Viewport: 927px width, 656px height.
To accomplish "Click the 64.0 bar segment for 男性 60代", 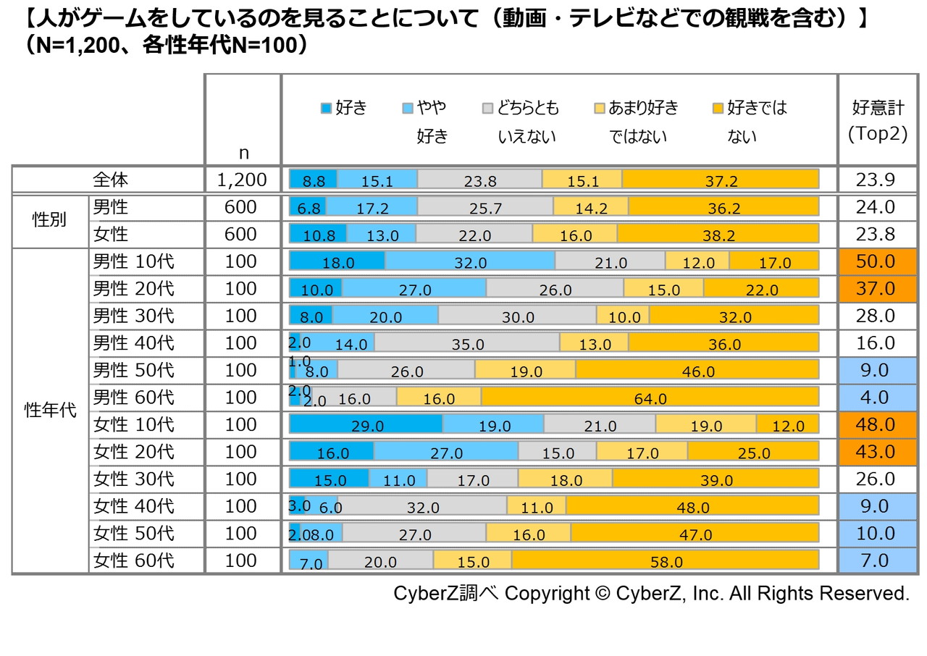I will (x=650, y=397).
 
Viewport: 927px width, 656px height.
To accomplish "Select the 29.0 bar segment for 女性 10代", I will (x=366, y=424).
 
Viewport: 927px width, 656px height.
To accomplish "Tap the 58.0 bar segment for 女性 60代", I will (x=665, y=560).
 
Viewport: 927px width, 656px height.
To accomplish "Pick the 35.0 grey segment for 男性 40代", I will (x=467, y=342).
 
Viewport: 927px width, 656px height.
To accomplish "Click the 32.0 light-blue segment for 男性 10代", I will (x=470, y=261).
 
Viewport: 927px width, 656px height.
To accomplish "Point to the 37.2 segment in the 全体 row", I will (x=720, y=180).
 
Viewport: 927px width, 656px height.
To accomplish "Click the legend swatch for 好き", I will (x=326, y=109).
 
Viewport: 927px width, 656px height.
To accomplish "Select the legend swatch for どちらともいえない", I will (x=488, y=109).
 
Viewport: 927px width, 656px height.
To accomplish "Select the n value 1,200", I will (x=242, y=180).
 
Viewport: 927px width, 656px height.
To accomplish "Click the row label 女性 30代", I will (x=134, y=479).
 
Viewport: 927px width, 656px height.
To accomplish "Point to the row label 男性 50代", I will (x=134, y=370).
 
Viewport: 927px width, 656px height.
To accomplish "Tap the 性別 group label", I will (x=49, y=220).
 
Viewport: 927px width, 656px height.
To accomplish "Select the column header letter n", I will (x=243, y=153).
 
